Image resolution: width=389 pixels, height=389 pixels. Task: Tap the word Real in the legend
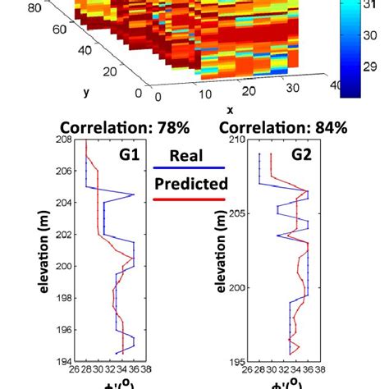(x=188, y=156)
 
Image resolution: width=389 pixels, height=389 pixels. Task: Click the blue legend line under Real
(x=188, y=170)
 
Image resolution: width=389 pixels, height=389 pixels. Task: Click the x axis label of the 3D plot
(x=230, y=109)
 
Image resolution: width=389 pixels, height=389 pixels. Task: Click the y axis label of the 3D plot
(x=86, y=92)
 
